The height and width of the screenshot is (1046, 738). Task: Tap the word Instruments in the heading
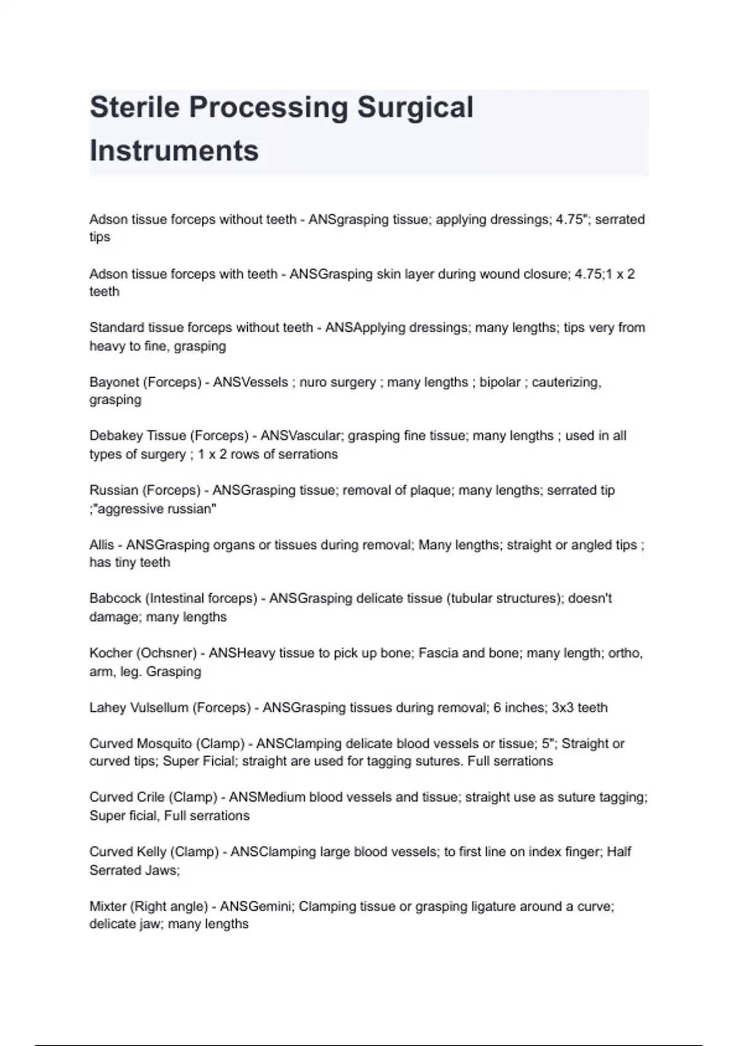coord(174,151)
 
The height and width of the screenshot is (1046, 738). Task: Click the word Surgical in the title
coord(415,107)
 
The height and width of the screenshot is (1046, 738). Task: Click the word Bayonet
coord(114,382)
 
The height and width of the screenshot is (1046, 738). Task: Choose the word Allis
coord(101,545)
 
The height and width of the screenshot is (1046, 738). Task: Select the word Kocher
coord(110,653)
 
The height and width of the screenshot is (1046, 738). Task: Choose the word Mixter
coord(109,906)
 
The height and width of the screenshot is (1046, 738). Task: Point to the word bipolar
coord(500,382)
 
